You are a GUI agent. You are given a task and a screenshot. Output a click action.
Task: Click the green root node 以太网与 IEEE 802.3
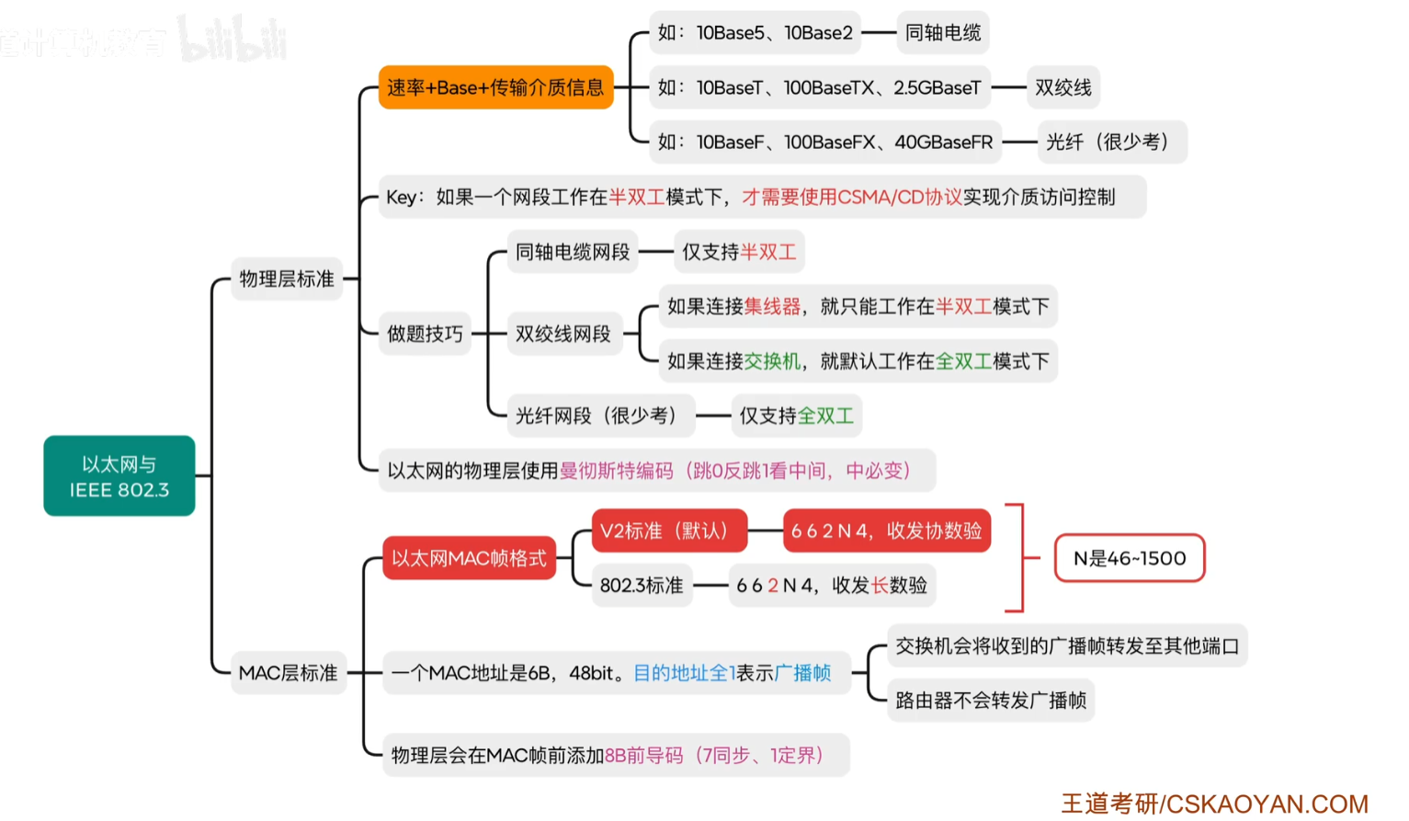point(119,475)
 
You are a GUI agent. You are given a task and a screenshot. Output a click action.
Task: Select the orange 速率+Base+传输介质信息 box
point(495,87)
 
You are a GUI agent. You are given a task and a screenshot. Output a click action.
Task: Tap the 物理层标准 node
point(287,279)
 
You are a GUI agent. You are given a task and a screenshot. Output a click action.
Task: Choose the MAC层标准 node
point(289,673)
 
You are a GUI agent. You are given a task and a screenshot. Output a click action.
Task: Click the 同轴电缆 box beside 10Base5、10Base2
point(943,33)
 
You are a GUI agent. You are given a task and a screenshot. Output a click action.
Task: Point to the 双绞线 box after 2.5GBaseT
point(1063,87)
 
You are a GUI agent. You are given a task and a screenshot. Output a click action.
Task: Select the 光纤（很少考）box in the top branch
point(1112,143)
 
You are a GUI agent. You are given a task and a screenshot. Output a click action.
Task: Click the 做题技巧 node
point(426,334)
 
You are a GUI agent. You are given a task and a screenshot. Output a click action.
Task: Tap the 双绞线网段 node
point(564,334)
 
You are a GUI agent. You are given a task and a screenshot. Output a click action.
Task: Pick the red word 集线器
point(772,306)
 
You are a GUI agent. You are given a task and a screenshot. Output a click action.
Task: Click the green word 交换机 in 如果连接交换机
point(772,361)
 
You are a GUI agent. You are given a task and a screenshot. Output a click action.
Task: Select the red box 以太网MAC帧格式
point(470,558)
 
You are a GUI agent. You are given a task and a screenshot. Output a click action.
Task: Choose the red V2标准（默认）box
point(670,531)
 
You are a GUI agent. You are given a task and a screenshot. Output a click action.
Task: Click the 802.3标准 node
point(642,585)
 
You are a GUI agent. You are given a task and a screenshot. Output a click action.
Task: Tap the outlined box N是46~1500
point(1130,558)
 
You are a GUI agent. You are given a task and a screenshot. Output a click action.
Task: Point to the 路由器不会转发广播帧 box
point(991,701)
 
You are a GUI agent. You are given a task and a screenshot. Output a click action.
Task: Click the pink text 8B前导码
point(643,755)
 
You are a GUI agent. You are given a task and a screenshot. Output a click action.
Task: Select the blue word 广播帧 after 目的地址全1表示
point(802,673)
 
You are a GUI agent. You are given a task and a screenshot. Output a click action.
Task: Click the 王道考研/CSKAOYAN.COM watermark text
point(1215,804)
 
